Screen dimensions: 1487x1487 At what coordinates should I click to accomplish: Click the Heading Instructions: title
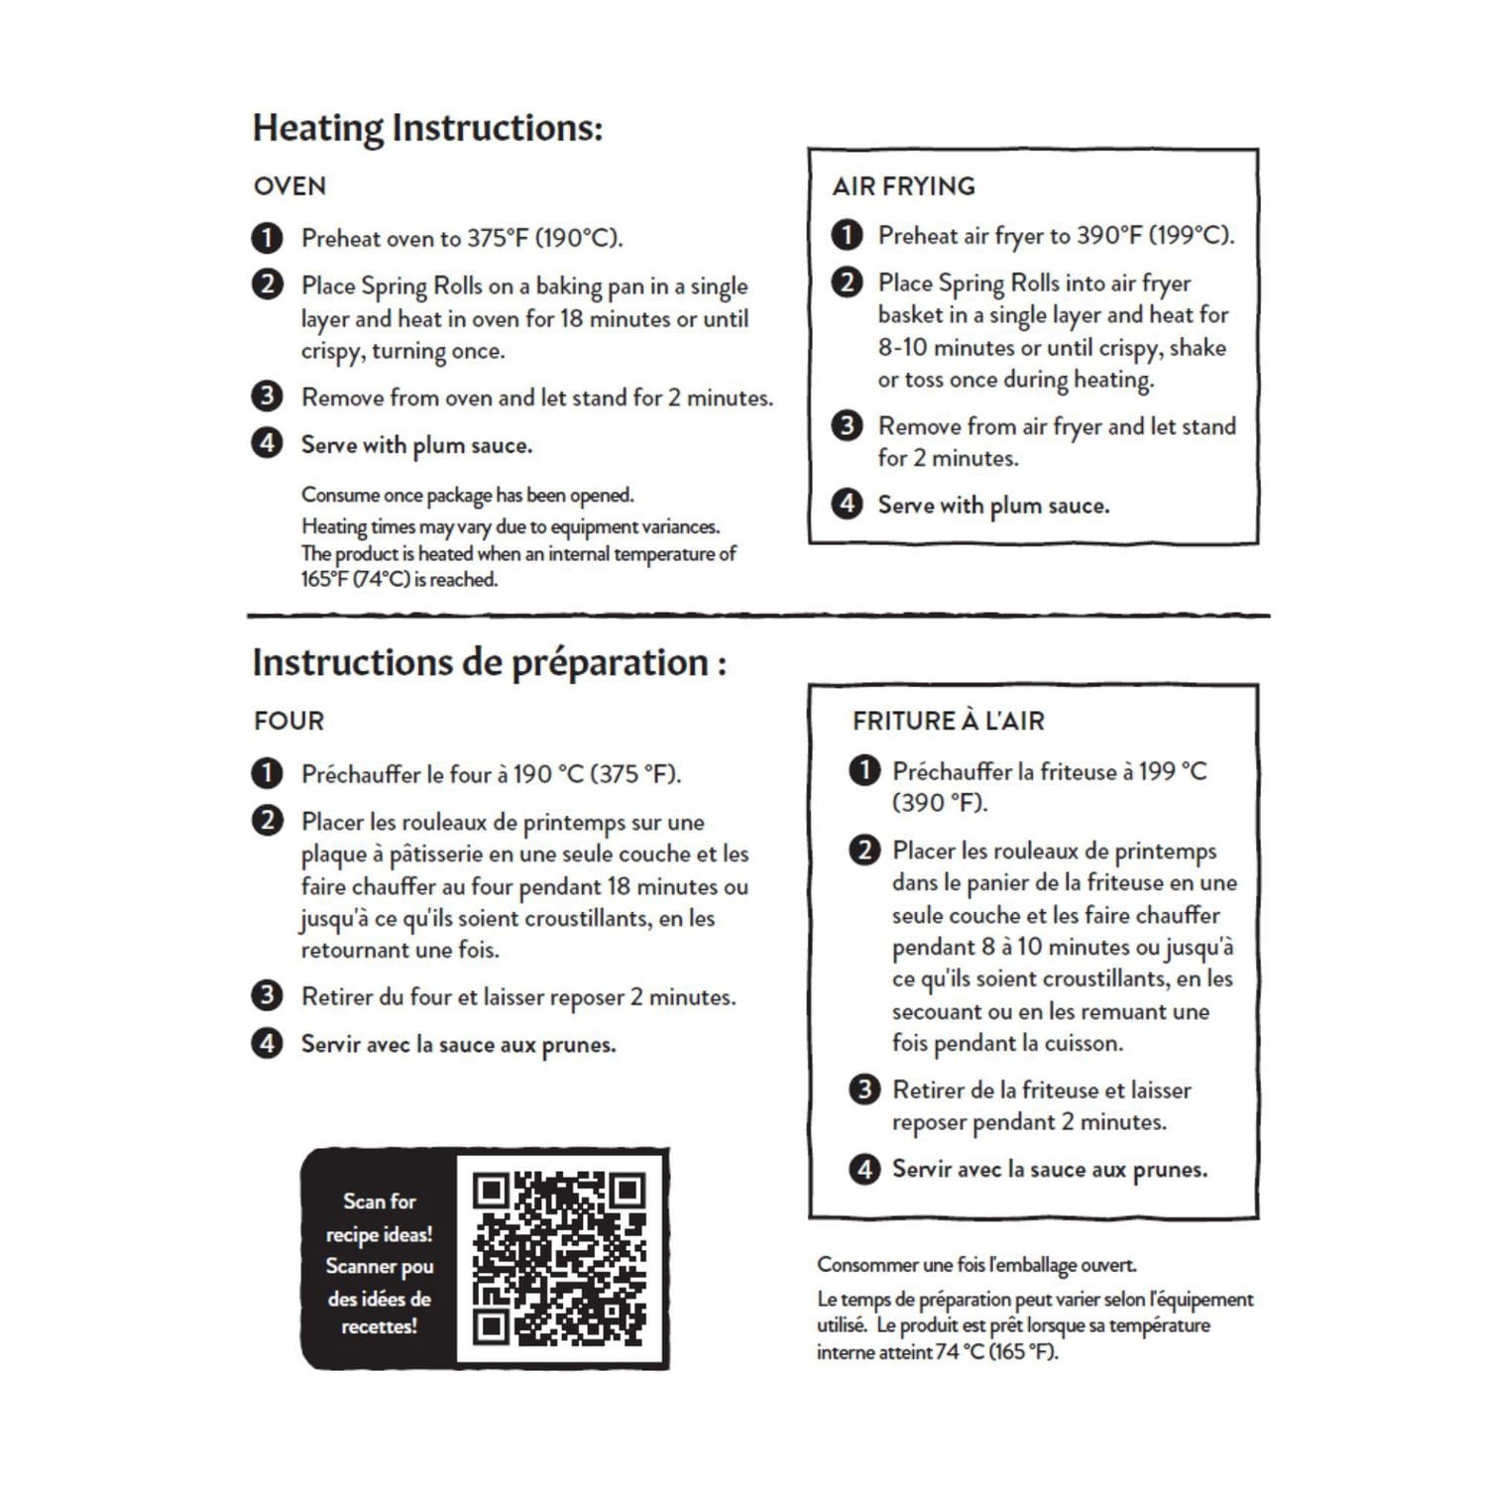tap(427, 128)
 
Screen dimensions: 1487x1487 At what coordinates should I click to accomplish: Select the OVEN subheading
tap(289, 186)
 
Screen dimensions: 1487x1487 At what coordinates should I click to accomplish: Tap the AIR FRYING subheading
tap(903, 186)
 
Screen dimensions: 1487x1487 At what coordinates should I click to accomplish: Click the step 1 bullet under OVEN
tap(267, 238)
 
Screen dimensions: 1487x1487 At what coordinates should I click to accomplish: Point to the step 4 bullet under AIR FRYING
tap(846, 504)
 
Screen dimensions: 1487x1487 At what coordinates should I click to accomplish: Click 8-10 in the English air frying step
tap(902, 348)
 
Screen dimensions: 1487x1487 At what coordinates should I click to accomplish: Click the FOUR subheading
tap(288, 721)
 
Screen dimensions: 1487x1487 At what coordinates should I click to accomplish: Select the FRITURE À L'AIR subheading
tap(948, 721)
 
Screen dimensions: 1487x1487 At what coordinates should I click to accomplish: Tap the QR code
tap(560, 1258)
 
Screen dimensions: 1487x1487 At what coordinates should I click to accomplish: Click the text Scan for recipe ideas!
tap(379, 1217)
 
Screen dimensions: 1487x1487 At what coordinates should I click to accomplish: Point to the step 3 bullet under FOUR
tap(267, 995)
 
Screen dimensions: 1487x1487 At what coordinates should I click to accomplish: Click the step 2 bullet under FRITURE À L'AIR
tap(864, 850)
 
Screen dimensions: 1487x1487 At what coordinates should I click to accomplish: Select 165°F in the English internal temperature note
tap(325, 580)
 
